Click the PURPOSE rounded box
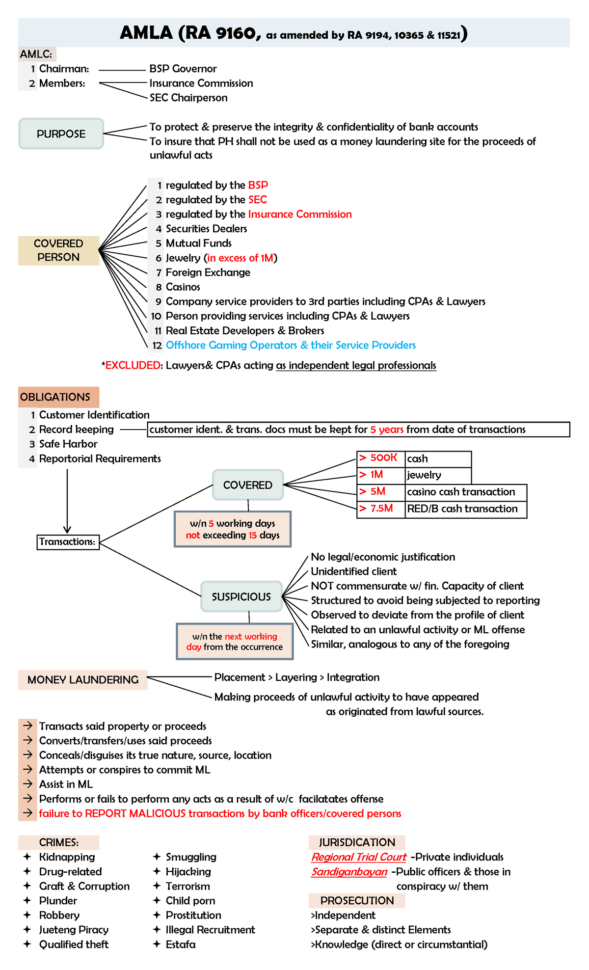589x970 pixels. coord(61,134)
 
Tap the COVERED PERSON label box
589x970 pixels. coord(58,250)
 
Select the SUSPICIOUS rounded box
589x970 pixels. coord(241,596)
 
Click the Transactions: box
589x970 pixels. coord(68,542)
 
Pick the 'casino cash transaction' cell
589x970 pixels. coord(465,492)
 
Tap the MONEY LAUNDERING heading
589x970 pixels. coord(82,680)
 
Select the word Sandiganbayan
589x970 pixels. coord(349,872)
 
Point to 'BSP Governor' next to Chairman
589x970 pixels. coord(183,69)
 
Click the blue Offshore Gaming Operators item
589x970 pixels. coord(291,345)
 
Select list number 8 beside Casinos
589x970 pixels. coord(159,287)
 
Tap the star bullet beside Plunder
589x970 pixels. coord(27,901)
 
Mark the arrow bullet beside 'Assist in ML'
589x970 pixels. coord(28,784)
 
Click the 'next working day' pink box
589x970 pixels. coord(235,642)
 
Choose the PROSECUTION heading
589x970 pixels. coord(357,901)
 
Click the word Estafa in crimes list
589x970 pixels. coord(181,944)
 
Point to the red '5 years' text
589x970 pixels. coord(387,430)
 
